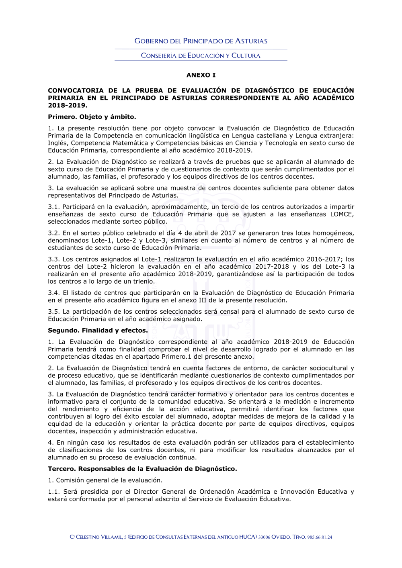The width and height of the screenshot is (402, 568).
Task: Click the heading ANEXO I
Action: coord(201,75)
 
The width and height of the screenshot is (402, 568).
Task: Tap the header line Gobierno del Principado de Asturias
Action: coord(201,41)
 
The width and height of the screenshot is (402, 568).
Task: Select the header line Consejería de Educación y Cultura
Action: coord(201,55)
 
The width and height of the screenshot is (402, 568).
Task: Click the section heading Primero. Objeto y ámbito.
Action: coord(92,117)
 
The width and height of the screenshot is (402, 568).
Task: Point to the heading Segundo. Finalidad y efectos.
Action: coord(98,331)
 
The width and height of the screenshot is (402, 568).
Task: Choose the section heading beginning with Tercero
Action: coord(142,469)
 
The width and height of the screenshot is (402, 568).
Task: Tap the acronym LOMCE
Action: coord(341,214)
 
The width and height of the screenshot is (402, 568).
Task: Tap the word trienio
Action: coord(143,282)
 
